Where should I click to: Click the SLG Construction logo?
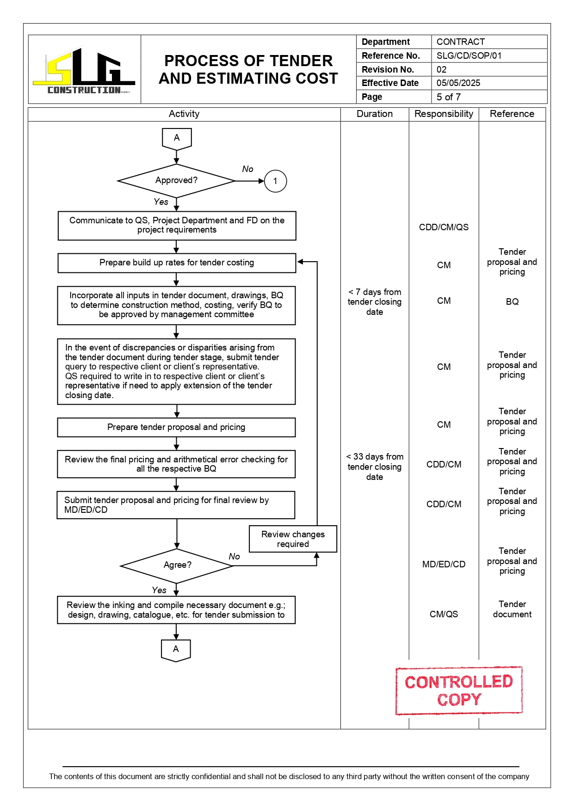(84, 71)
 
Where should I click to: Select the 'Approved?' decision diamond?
(176, 181)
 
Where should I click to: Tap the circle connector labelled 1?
(275, 181)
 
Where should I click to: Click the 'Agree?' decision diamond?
(177, 565)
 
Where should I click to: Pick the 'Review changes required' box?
(293, 539)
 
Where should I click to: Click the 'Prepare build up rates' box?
(177, 263)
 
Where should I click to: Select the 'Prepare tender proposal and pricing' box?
(176, 427)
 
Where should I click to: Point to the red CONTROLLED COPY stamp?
(459, 691)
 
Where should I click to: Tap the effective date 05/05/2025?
(458, 83)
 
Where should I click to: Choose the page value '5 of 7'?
(448, 97)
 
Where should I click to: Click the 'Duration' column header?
(374, 114)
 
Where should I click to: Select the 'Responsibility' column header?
(444, 114)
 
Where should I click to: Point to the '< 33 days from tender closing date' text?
(374, 467)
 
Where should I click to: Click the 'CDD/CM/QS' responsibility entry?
(444, 227)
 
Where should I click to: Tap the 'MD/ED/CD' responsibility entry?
(444, 564)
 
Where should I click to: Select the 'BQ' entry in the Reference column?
(512, 301)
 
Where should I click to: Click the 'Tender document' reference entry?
(512, 609)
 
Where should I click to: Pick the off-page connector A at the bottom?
(176, 650)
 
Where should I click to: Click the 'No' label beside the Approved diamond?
(247, 169)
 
